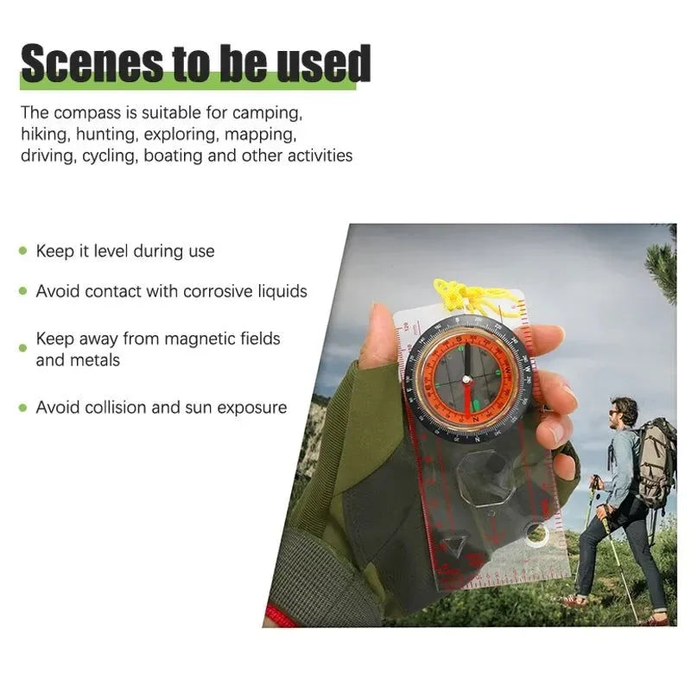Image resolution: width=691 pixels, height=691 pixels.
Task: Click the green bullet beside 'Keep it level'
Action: pos(23,251)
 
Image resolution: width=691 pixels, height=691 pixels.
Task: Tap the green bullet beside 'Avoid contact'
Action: pos(23,291)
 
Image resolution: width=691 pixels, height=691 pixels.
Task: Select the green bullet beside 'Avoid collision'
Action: pos(23,407)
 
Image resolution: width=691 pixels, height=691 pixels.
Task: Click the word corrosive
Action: pos(218,291)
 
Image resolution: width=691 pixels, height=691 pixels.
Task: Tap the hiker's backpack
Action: pos(656,462)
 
